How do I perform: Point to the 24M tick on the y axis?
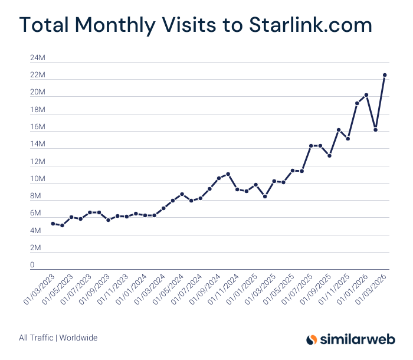click(x=38, y=58)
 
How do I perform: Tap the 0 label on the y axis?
click(x=32, y=265)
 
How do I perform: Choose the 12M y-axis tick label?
click(x=38, y=162)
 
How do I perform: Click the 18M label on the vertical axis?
click(x=38, y=110)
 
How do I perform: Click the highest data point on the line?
click(x=385, y=75)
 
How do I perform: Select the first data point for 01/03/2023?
click(x=53, y=224)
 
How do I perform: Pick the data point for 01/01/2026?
click(x=366, y=95)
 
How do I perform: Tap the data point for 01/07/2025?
click(x=311, y=146)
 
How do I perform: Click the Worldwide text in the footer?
click(x=79, y=338)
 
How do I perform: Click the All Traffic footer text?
click(x=36, y=338)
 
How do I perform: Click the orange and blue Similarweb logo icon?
click(x=312, y=339)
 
